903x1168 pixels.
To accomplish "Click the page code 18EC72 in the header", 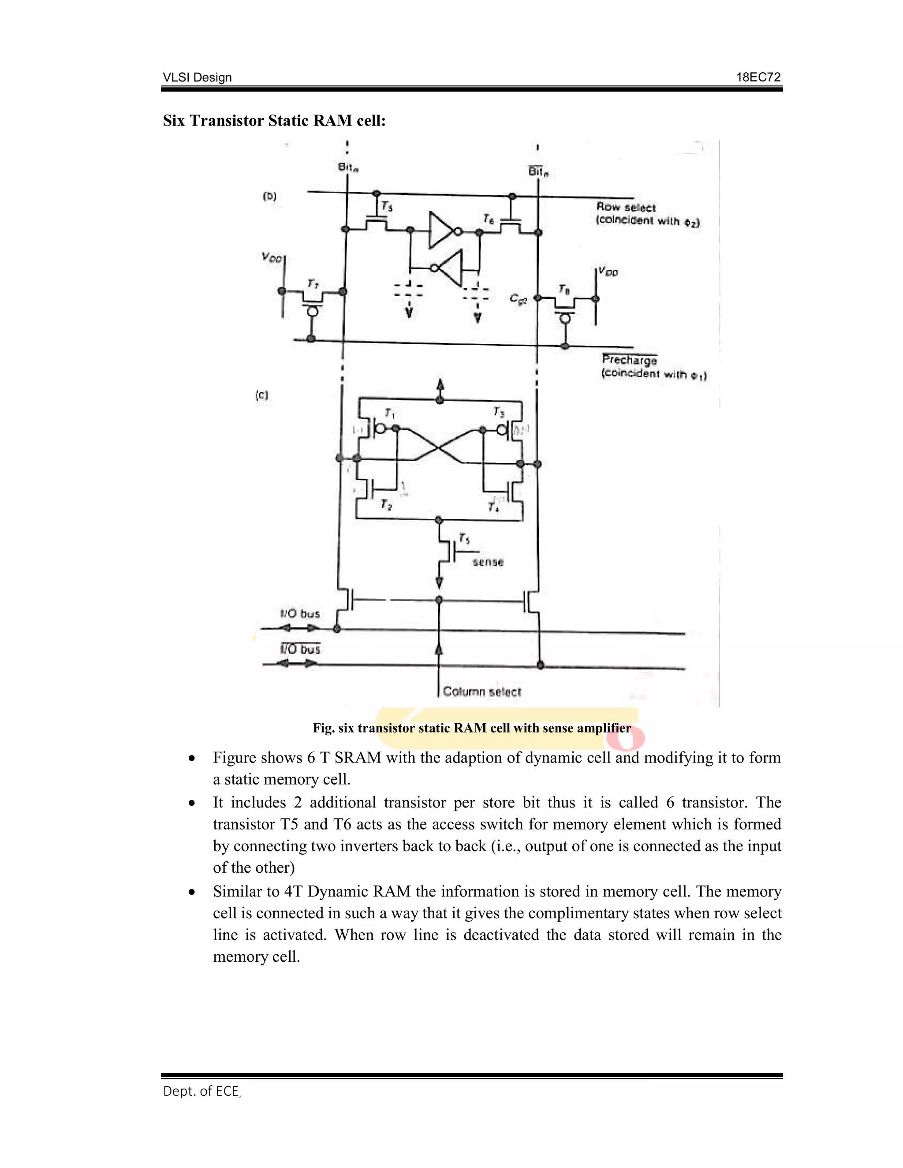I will [758, 77].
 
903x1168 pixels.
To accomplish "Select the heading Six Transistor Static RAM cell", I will [274, 121].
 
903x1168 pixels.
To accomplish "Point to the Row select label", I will [625, 208].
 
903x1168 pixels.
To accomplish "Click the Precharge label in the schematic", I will [629, 360].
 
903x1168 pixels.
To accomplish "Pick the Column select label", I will [481, 692].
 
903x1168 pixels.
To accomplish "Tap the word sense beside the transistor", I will [488, 562].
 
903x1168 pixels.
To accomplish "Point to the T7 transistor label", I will [313, 283].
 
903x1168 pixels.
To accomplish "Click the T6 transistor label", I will [489, 218].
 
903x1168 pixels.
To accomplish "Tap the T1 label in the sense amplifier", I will [389, 413].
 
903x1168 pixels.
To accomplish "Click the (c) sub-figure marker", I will [261, 395].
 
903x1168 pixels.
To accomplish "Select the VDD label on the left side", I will [271, 257].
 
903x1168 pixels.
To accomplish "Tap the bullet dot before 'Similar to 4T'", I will [191, 892].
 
